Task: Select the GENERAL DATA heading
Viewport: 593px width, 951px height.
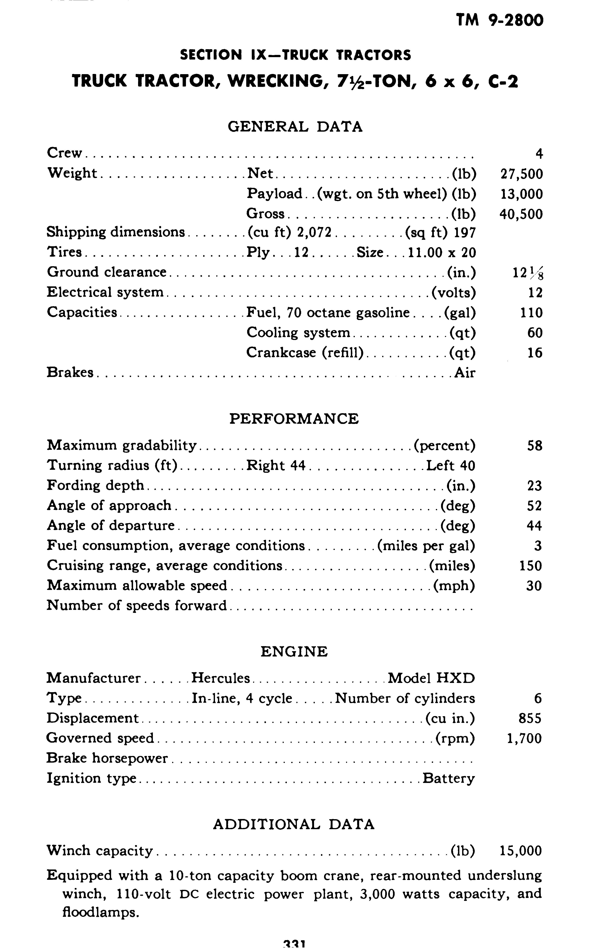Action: coord(295,127)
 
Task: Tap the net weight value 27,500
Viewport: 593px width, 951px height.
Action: coord(522,174)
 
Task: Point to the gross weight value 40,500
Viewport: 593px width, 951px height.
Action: coord(521,214)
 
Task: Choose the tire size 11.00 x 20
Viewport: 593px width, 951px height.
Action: coord(442,252)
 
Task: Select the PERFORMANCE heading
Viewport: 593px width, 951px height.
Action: coord(294,419)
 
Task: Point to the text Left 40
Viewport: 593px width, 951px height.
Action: coord(450,466)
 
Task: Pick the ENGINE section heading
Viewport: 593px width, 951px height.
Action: coord(294,652)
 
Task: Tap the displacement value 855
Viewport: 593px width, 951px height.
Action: coord(530,718)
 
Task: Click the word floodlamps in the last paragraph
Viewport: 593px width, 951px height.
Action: coord(100,912)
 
